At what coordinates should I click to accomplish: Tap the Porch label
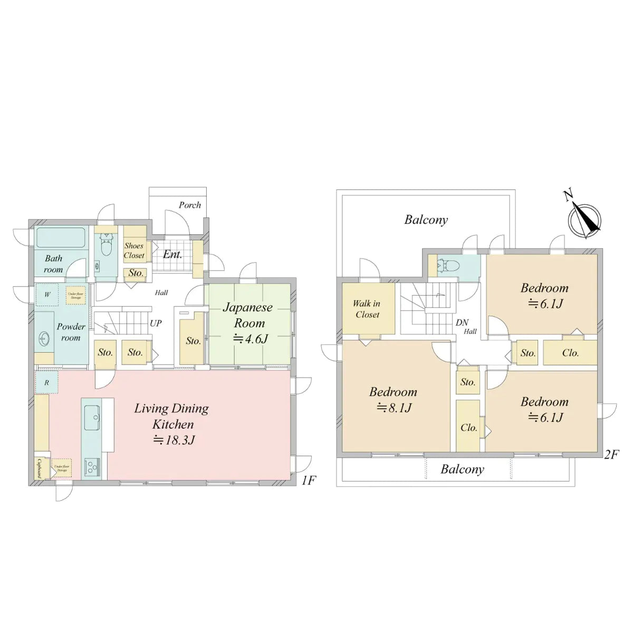point(189,205)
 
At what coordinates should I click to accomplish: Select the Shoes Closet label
point(134,251)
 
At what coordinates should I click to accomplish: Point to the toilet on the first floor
point(107,246)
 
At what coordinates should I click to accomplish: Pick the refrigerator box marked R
point(46,382)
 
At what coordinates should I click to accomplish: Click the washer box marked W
point(47,295)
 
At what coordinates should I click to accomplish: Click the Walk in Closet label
point(367,309)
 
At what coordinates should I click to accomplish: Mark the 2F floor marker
point(611,454)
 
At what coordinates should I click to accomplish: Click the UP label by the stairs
point(156,323)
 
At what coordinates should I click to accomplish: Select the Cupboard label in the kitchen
point(40,467)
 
